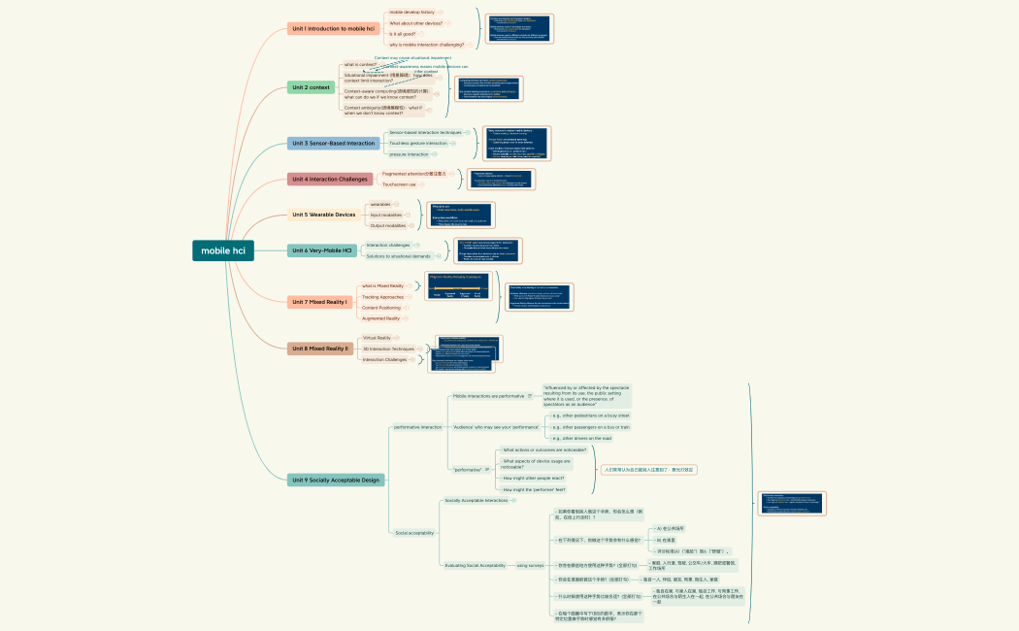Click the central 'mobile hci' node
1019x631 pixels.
pos(223,250)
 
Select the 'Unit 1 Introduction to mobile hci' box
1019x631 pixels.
pos(333,29)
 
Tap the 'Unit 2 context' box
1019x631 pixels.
pos(311,87)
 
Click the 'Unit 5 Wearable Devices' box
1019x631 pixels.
pos(323,215)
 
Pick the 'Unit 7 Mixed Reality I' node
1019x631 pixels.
pos(319,302)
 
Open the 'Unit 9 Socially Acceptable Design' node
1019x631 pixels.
pos(337,480)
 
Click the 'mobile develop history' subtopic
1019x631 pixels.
pos(411,13)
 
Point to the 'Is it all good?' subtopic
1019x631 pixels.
pos(402,34)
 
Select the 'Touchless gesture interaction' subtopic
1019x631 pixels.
pos(418,143)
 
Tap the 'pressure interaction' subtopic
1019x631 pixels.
pos(408,154)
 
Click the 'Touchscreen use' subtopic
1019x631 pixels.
pos(399,183)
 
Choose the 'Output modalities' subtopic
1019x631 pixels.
pos(389,225)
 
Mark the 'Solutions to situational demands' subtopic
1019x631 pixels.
pos(398,256)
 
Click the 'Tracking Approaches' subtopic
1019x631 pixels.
pos(383,297)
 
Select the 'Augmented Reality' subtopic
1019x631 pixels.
pos(380,318)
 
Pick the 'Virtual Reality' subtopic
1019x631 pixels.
pos(377,338)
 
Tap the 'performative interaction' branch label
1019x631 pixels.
pos(417,427)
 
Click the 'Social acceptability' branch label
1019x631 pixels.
pos(414,533)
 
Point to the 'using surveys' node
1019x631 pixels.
pos(530,565)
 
